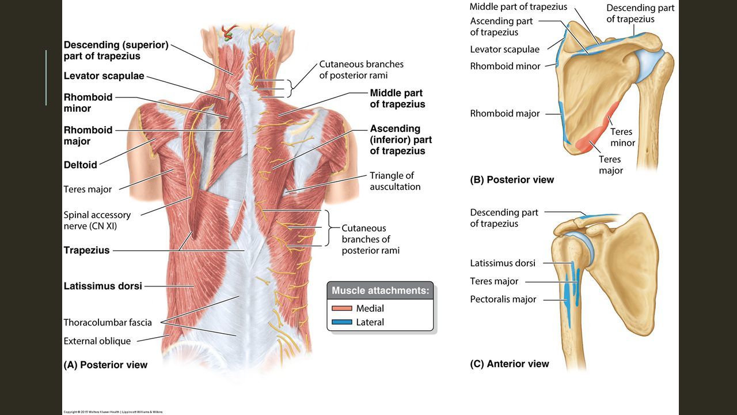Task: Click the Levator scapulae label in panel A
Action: (104, 76)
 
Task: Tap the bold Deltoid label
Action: (80, 165)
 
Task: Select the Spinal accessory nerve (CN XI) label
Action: (97, 220)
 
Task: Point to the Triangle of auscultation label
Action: (395, 181)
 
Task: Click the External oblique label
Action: (97, 341)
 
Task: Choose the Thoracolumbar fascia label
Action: (108, 322)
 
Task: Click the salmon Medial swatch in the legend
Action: (342, 308)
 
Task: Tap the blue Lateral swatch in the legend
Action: (342, 322)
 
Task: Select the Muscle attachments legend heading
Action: (380, 290)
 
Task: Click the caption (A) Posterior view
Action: (105, 364)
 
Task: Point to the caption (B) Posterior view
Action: (512, 179)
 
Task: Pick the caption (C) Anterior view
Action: (510, 364)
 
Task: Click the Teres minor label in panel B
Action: (622, 137)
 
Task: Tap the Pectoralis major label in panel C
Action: (503, 299)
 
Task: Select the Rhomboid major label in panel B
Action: (505, 114)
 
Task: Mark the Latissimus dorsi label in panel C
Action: (503, 263)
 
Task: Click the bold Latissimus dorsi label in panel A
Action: (102, 285)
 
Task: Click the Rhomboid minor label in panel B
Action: (505, 66)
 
